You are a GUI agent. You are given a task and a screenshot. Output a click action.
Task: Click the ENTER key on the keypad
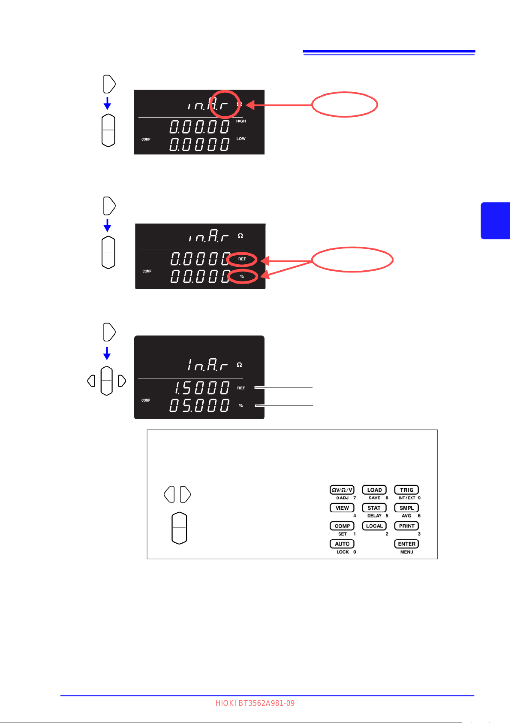tap(406, 544)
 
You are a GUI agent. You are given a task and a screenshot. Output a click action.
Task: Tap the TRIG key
tap(406, 490)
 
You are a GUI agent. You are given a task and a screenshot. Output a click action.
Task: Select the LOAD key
tap(374, 490)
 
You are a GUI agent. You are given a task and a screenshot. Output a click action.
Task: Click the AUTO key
tap(342, 544)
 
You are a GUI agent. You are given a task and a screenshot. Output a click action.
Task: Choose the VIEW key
tap(342, 508)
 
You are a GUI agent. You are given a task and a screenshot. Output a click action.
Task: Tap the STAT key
tap(374, 508)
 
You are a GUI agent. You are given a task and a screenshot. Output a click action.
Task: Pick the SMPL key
tap(406, 508)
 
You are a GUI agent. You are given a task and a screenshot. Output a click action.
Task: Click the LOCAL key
tap(374, 526)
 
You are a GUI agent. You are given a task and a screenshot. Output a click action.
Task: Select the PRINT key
tap(406, 526)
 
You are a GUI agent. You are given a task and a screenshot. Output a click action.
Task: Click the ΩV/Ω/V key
tap(342, 490)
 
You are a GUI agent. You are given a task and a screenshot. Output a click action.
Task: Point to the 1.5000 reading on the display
tap(201, 388)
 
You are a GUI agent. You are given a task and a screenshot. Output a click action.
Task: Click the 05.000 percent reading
tap(199, 405)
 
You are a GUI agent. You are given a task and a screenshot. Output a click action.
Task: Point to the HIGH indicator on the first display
tap(241, 121)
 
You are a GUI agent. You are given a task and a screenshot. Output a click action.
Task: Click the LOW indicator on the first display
tap(241, 139)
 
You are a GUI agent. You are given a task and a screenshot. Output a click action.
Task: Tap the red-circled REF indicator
tap(242, 259)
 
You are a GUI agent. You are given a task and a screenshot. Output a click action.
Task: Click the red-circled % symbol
tap(242, 277)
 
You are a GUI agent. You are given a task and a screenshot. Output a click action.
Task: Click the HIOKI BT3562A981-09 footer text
tap(255, 703)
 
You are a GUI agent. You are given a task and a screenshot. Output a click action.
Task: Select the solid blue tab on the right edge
tap(496, 221)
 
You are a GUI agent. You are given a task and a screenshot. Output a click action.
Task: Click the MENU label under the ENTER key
tap(406, 552)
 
